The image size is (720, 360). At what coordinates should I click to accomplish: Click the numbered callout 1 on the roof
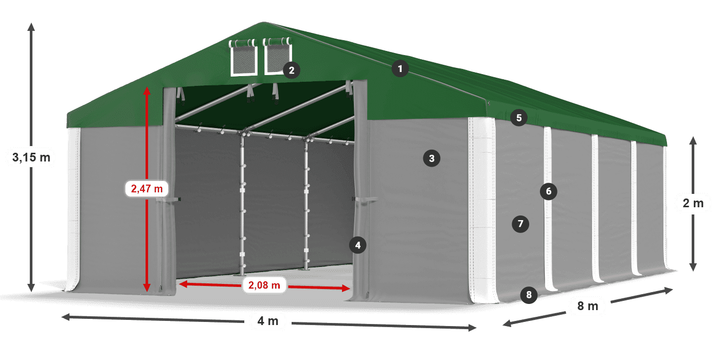[x=400, y=68]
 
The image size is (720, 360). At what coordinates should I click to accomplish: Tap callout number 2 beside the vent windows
[x=292, y=70]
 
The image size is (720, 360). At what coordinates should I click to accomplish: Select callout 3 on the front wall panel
[x=431, y=158]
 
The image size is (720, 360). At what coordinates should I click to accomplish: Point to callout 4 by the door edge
[x=358, y=245]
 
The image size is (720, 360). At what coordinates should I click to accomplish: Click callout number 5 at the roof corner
[x=519, y=118]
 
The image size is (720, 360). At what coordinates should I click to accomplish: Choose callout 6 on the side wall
[x=549, y=192]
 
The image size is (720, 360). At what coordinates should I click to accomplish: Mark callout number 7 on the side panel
[x=520, y=224]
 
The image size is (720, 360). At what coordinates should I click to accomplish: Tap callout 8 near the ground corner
[x=529, y=295]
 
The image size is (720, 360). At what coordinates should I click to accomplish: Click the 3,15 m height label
[x=31, y=157]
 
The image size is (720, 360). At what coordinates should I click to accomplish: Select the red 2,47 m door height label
[x=147, y=189]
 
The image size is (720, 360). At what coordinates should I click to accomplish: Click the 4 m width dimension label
[x=267, y=321]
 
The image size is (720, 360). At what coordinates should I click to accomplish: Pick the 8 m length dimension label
[x=587, y=307]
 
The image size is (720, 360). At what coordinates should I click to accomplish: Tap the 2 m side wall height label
[x=693, y=203]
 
